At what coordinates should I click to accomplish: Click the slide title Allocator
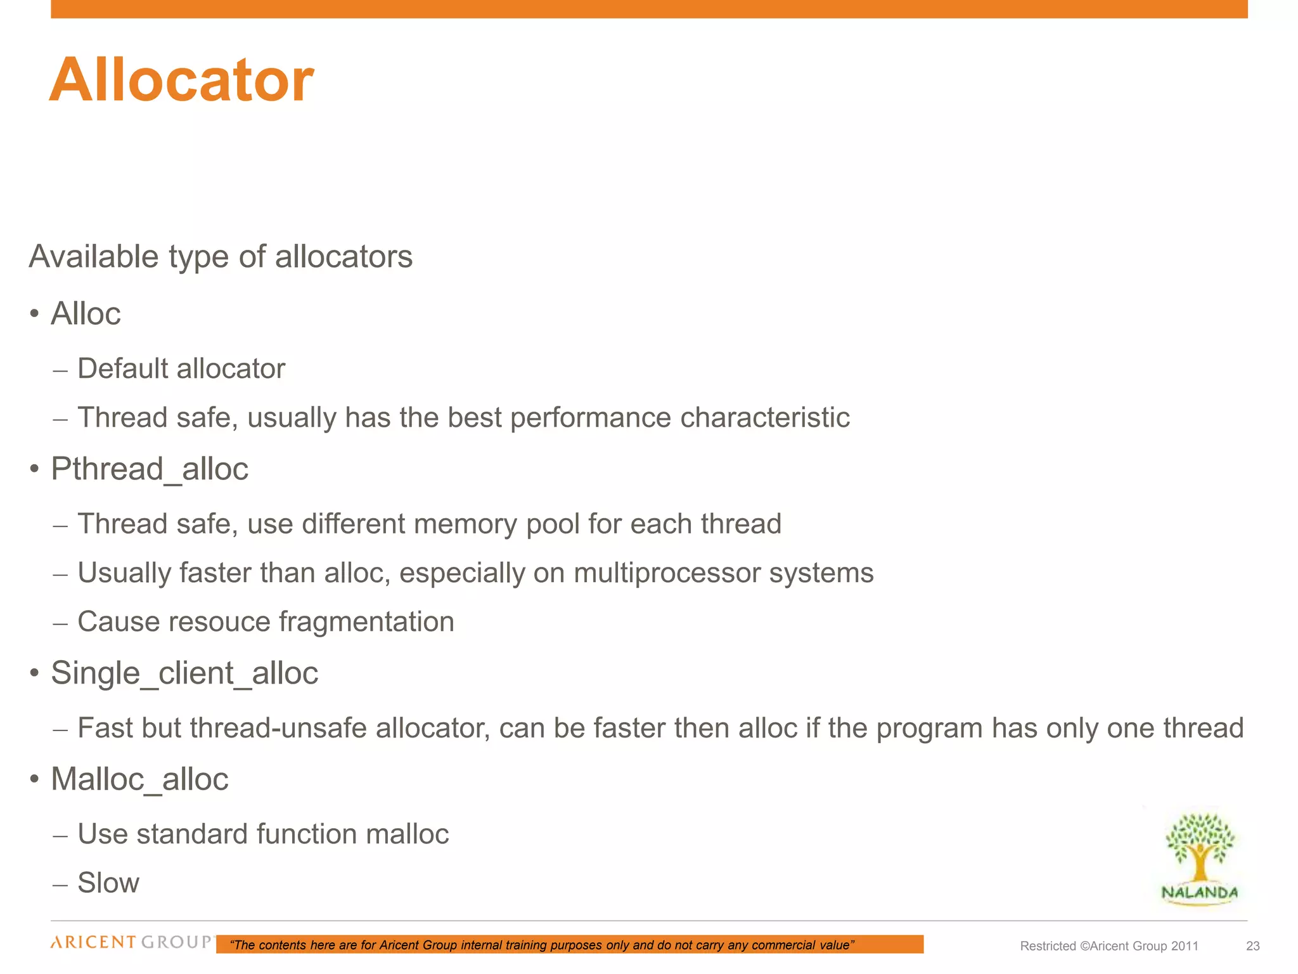pos(181,80)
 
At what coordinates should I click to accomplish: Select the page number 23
pos(1252,946)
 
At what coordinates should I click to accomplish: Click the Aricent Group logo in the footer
pos(131,942)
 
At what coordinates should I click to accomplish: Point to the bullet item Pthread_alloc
pos(150,469)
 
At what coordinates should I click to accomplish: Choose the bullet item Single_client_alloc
pos(184,673)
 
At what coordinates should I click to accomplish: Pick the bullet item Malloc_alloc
pos(139,779)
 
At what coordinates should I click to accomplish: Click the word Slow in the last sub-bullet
pos(108,883)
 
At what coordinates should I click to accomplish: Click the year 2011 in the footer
pos(1185,946)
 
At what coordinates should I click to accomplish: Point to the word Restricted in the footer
pos(1048,946)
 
